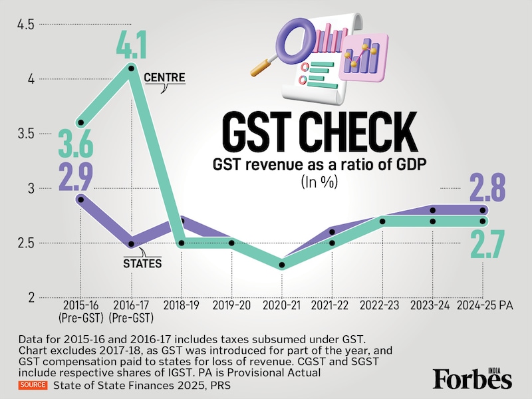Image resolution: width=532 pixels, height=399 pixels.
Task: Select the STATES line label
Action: pyautogui.click(x=143, y=263)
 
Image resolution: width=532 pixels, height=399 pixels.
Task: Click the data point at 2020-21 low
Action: pyautogui.click(x=282, y=265)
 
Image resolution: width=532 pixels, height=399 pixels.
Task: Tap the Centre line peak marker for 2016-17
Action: pyautogui.click(x=132, y=68)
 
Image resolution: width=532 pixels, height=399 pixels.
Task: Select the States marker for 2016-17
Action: pyautogui.click(x=132, y=244)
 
